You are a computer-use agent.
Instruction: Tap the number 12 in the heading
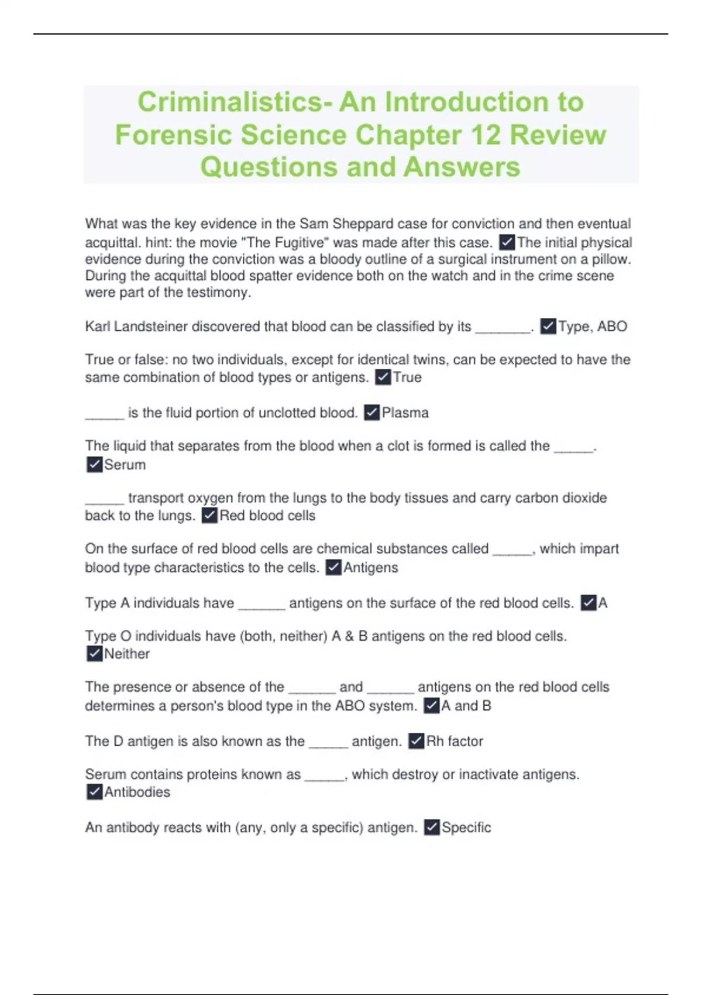tap(485, 135)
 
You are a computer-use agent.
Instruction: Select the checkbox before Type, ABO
tap(548, 326)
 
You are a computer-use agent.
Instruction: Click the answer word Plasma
tap(405, 413)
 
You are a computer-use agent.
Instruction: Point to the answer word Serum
tap(125, 465)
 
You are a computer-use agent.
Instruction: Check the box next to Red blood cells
tap(209, 516)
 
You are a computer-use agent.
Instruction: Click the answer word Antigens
tap(370, 567)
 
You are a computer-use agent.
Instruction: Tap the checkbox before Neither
tap(94, 654)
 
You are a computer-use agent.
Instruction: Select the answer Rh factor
tap(455, 741)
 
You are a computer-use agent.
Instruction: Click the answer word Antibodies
tap(137, 792)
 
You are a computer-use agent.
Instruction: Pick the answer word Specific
tap(466, 827)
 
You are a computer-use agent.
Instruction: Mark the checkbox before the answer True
tap(383, 378)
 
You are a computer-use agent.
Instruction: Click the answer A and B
tap(466, 706)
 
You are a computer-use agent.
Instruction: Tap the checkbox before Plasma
tap(371, 413)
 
